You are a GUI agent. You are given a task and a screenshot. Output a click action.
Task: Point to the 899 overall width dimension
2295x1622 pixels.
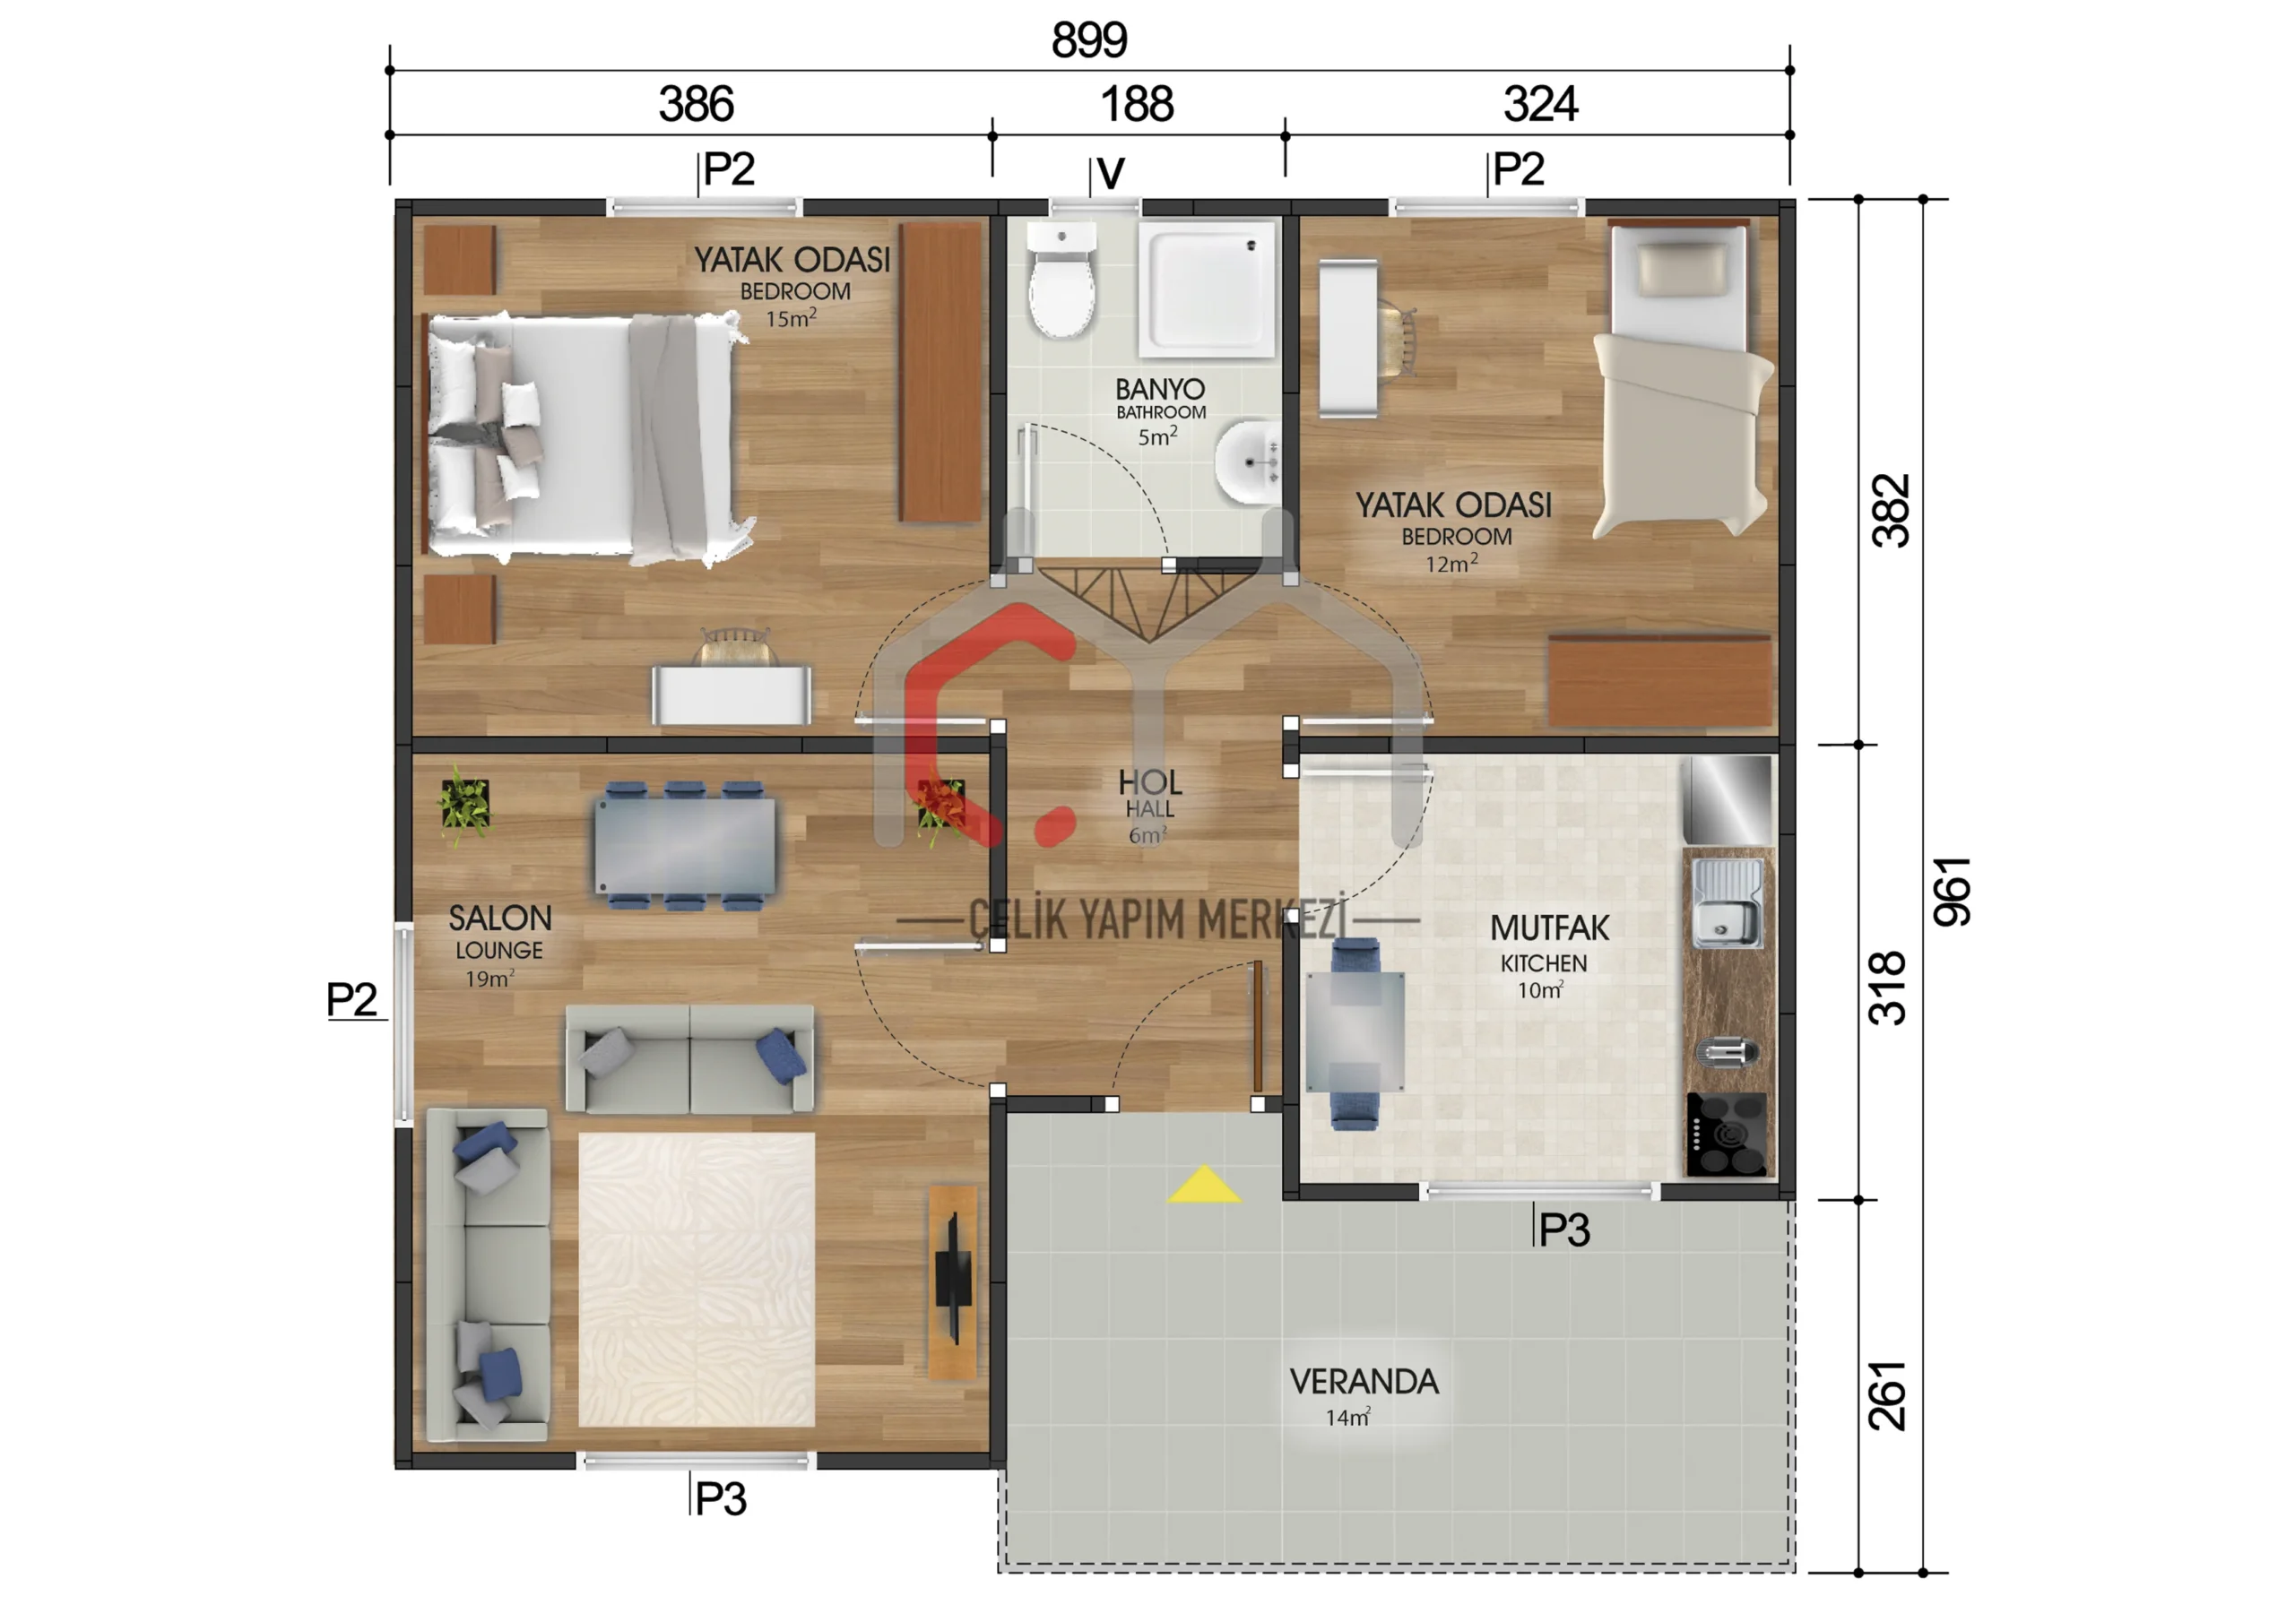pos(1089,41)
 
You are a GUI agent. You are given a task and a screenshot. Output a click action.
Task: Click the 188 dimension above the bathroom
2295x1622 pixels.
pos(1138,105)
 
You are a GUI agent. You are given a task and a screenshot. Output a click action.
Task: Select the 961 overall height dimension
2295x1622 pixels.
pos(1951,892)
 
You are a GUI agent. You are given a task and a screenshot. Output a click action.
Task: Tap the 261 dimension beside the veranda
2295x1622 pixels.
pos(1887,1396)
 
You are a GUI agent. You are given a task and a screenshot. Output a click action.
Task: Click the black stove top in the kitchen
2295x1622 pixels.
pos(1728,1135)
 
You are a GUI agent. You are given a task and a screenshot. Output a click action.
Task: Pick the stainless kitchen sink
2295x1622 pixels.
pos(1728,904)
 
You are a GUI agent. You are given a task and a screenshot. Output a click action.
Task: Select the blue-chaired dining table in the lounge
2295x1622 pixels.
pos(685,845)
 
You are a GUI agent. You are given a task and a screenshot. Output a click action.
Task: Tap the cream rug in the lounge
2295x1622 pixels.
pos(697,1279)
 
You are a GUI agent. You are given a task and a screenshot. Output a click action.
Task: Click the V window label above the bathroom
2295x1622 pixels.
pos(1111,175)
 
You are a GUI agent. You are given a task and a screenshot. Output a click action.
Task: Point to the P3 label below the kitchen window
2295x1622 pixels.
pos(1564,1230)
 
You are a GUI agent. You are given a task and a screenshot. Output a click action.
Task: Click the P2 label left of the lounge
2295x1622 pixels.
pos(351,999)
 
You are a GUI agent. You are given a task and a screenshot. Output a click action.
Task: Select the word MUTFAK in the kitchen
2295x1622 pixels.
pos(1549,928)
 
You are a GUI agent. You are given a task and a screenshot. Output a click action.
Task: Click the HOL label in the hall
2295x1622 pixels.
pos(1149,781)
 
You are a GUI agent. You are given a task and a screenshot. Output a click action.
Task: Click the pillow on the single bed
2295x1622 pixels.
pos(1680,269)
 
